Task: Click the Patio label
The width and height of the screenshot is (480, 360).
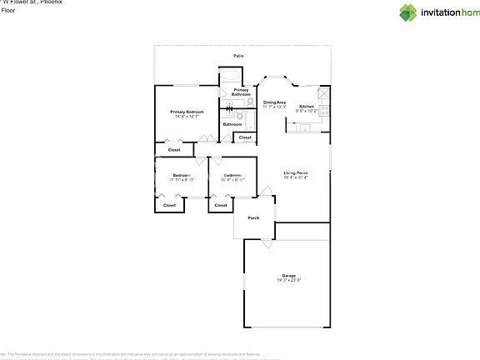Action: click(238, 57)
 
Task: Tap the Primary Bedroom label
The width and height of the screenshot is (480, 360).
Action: click(187, 112)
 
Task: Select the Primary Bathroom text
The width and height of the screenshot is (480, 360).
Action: click(241, 92)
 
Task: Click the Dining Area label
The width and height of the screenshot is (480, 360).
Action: click(275, 102)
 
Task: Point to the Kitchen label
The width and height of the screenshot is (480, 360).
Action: click(307, 107)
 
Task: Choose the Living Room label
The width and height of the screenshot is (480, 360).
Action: click(296, 172)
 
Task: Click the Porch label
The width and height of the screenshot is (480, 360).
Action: click(253, 218)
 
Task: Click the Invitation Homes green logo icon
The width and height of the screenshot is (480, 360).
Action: click(407, 12)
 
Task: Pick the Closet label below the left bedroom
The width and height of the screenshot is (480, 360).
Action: click(169, 204)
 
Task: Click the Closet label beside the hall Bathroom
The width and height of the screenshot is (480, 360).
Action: click(244, 137)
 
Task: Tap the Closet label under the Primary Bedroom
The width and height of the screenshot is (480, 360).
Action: click(174, 150)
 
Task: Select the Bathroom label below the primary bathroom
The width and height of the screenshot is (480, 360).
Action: click(232, 124)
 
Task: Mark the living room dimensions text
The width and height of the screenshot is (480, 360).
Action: click(296, 177)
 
